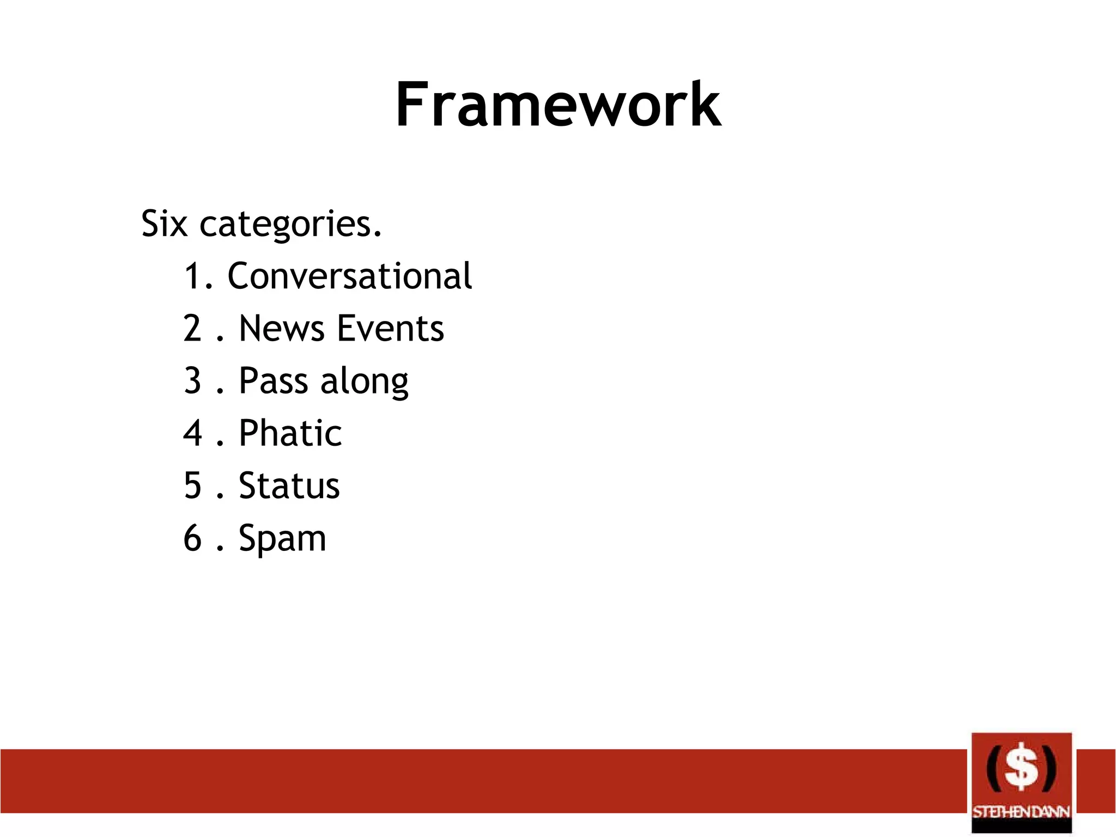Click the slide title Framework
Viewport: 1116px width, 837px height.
tap(558, 104)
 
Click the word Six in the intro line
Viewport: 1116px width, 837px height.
tap(165, 223)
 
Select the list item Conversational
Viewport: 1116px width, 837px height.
tap(349, 276)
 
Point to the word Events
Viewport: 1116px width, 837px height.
tap(391, 328)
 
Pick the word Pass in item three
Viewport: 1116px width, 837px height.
tap(273, 380)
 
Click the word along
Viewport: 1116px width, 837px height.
tap(364, 381)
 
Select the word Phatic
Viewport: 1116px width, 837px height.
tap(290, 433)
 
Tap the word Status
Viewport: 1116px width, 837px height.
tap(289, 486)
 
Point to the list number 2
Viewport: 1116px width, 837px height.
tap(193, 328)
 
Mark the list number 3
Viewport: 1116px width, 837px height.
tap(193, 380)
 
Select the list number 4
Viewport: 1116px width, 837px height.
tap(193, 433)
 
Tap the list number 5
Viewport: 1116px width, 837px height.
tap(193, 486)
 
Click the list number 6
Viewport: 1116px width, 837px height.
tap(193, 538)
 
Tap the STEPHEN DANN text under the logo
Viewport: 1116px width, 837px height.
tap(1021, 812)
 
